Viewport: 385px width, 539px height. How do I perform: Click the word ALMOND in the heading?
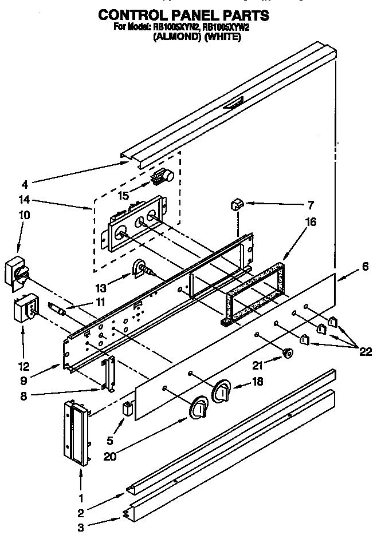pos(173,37)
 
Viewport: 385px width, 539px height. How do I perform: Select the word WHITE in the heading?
pos(221,37)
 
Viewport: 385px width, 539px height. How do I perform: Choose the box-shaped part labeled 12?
pos(24,309)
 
